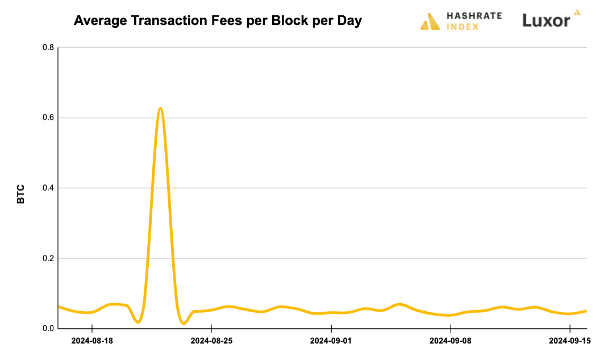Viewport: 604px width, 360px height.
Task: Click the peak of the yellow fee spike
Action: click(x=160, y=108)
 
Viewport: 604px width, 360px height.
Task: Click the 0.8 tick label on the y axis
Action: click(x=48, y=48)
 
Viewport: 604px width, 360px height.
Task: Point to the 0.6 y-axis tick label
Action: click(x=48, y=118)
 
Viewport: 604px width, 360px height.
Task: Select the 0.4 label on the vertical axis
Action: click(x=48, y=188)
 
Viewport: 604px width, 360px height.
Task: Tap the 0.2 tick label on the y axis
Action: click(x=48, y=258)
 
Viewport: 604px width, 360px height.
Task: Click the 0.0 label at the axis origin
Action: click(x=48, y=328)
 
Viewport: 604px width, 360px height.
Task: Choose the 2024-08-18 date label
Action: click(x=92, y=341)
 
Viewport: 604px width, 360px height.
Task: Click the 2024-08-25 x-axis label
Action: click(x=211, y=341)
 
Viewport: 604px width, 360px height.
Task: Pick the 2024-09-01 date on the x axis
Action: click(x=331, y=341)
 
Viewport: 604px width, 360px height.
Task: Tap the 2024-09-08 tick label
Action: click(x=451, y=341)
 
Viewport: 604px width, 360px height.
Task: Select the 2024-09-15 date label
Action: click(x=570, y=341)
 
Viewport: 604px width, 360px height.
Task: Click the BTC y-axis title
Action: click(x=21, y=194)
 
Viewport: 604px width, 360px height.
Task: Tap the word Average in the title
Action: click(x=98, y=21)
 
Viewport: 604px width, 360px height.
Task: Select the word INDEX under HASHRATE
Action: click(x=462, y=27)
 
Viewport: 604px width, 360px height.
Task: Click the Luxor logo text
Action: click(x=546, y=21)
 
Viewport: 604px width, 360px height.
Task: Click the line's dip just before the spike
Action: click(x=138, y=322)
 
